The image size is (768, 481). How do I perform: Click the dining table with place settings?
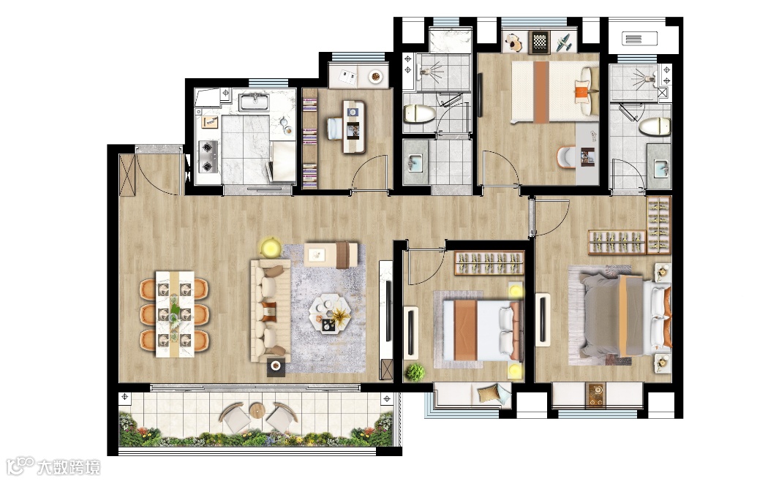(175, 314)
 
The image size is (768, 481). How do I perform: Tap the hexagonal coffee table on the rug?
(330, 314)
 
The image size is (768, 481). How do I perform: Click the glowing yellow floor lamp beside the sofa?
(270, 247)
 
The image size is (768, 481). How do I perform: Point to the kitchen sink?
(254, 102)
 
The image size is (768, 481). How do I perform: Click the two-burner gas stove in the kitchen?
(208, 156)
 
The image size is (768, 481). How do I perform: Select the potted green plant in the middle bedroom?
(415, 372)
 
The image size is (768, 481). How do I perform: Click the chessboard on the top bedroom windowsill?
(540, 42)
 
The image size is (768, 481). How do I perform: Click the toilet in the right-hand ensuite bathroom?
(655, 126)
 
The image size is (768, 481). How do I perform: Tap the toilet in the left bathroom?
(419, 114)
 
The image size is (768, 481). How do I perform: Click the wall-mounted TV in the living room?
(389, 311)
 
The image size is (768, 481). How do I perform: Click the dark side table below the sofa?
(276, 366)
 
